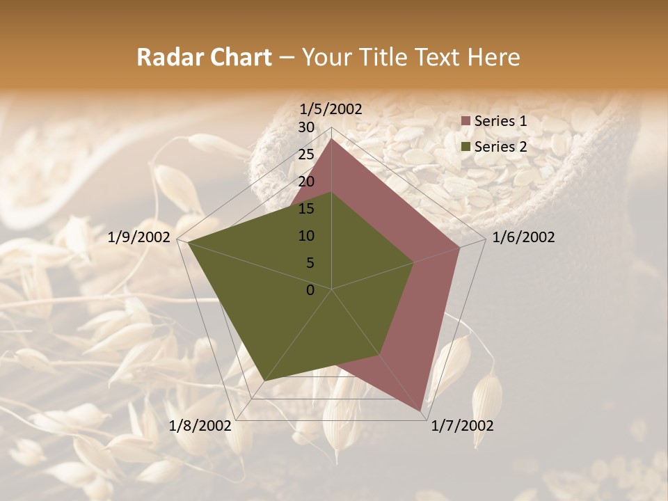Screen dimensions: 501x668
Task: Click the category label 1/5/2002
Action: coord(331,109)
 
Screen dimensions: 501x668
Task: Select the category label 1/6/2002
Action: coord(523,237)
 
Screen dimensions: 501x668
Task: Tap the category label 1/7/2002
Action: coord(462,426)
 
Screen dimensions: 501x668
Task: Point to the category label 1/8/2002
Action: coord(200,426)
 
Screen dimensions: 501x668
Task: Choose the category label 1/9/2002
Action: coord(139,237)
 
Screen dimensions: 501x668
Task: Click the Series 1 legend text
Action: coord(500,121)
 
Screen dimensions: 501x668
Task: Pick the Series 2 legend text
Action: coord(500,146)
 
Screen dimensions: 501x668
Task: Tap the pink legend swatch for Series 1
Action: coord(466,122)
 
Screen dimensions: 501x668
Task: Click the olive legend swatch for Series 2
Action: coord(466,147)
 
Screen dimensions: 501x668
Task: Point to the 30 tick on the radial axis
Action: coord(306,127)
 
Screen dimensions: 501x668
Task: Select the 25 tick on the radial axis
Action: coord(306,154)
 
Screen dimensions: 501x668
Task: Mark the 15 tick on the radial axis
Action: coord(306,209)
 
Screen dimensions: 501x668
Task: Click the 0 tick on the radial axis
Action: coord(310,290)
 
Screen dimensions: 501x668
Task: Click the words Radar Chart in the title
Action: coord(204,57)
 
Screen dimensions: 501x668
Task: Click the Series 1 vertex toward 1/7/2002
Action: coord(421,411)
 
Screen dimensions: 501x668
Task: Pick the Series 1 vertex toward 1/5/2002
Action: coord(332,138)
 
